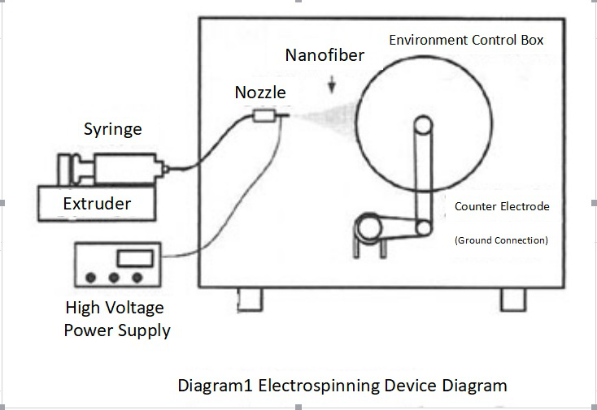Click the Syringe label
point(113,129)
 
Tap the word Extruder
point(97,202)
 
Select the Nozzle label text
point(260,93)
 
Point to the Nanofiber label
point(325,56)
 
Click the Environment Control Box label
point(466,40)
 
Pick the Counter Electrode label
point(501,206)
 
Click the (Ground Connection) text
point(501,240)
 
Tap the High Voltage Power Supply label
point(117,318)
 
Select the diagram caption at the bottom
point(342,384)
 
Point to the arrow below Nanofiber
point(331,83)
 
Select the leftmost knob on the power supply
point(91,278)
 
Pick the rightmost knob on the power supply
point(137,278)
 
